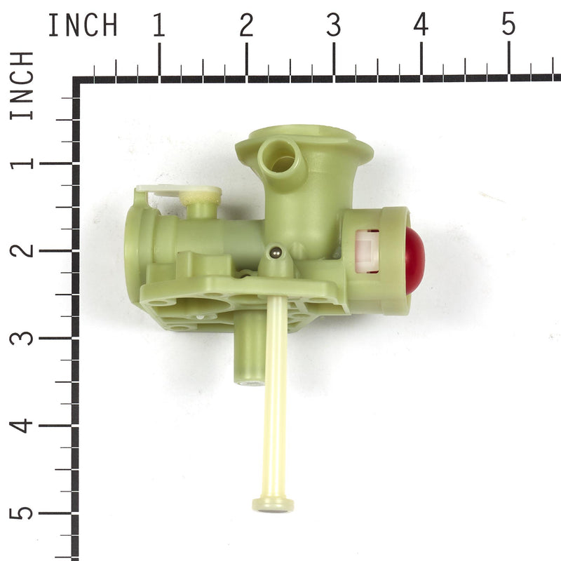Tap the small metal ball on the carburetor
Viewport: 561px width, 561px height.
tap(276, 251)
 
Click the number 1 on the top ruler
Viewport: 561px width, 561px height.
tap(159, 26)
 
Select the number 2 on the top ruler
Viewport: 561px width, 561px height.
tap(246, 26)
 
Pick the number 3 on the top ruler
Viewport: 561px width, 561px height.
tap(333, 26)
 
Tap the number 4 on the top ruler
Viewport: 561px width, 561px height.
tap(421, 26)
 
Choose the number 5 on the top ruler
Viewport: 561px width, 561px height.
tap(508, 26)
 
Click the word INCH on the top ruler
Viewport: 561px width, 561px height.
tap(82, 26)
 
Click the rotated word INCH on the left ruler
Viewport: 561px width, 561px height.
tap(22, 85)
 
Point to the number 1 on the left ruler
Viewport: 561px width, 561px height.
tap(22, 163)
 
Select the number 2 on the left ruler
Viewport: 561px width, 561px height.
tap(22, 250)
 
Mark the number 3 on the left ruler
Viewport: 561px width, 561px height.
tap(22, 337)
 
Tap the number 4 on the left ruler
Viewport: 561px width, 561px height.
tap(22, 425)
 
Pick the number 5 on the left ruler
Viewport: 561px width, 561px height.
tap(22, 512)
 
